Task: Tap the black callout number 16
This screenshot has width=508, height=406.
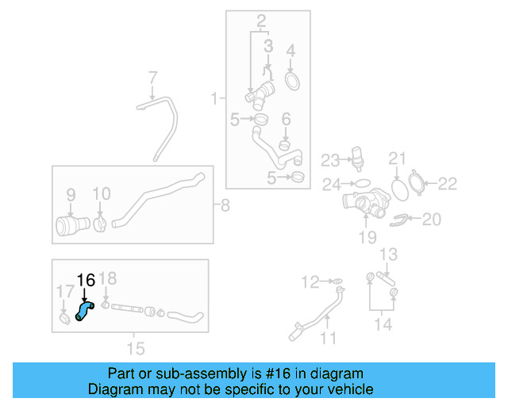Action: pos(86,280)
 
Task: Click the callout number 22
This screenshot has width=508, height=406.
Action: pos(448,184)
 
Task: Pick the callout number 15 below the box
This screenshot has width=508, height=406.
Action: pos(136,348)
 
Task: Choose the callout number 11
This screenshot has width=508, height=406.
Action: pos(328,339)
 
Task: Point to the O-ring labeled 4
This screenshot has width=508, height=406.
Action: pos(291,81)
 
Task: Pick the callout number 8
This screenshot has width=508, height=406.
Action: pos(225,207)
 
